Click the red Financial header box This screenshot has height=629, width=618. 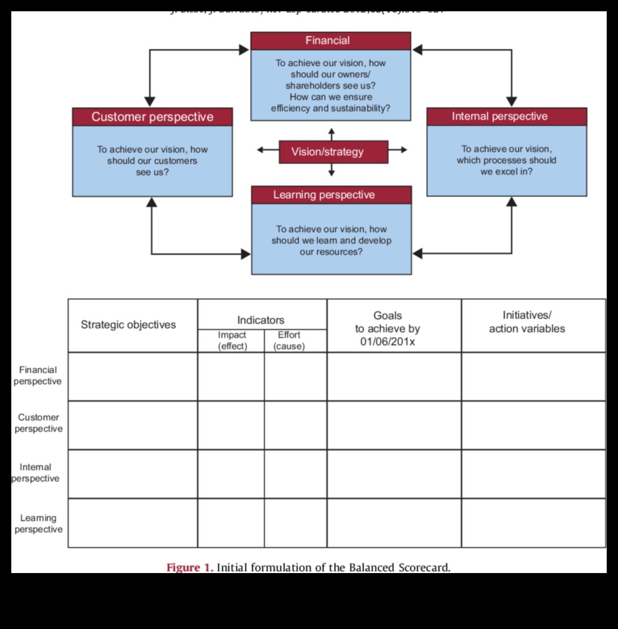pyautogui.click(x=331, y=41)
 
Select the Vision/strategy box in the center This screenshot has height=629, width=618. pyautogui.click(x=333, y=151)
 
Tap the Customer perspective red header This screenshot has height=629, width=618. pyautogui.click(x=153, y=117)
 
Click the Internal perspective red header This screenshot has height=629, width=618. pyautogui.click(x=506, y=116)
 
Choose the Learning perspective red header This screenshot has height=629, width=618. pyautogui.click(x=331, y=195)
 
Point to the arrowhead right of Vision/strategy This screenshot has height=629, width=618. pyautogui.click(x=402, y=150)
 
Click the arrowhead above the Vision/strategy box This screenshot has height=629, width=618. pyautogui.click(x=332, y=132)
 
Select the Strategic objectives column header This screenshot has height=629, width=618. pyautogui.click(x=128, y=324)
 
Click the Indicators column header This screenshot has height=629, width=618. pyautogui.click(x=260, y=320)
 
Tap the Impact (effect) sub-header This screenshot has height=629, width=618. pyautogui.click(x=232, y=340)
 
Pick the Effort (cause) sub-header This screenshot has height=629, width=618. pyautogui.click(x=289, y=340)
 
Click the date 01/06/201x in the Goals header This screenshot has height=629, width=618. pyautogui.click(x=388, y=342)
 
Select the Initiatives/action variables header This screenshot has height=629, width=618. pyautogui.click(x=526, y=322)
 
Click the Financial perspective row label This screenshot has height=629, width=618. pyautogui.click(x=38, y=375)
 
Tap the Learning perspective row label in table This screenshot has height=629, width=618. pyautogui.click(x=38, y=523)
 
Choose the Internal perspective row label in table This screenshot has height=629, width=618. pyautogui.click(x=36, y=472)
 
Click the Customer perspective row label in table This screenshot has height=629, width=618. pyautogui.click(x=38, y=423)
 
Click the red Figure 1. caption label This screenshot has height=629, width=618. pyautogui.click(x=190, y=567)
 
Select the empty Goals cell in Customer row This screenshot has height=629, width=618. pyautogui.click(x=394, y=425)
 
